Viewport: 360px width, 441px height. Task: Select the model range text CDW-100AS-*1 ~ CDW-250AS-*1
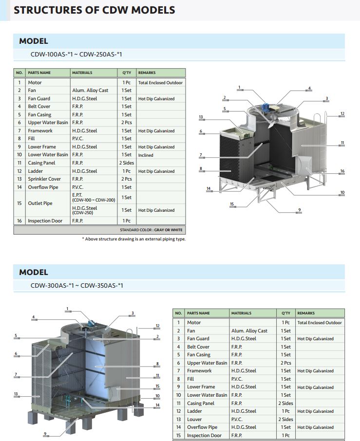click(x=76, y=55)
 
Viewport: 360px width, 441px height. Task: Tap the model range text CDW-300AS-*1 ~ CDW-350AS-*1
click(x=77, y=285)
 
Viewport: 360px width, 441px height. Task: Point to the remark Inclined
click(x=146, y=155)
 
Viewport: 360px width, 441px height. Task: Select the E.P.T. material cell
click(x=94, y=197)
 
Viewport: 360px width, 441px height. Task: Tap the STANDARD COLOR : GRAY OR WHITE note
click(x=151, y=230)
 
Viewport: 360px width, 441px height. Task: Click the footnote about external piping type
click(x=134, y=239)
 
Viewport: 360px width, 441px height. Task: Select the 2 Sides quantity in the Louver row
click(x=285, y=419)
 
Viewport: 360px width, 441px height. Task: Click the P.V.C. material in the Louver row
click(x=237, y=419)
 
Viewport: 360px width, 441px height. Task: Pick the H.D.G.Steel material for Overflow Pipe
click(x=244, y=427)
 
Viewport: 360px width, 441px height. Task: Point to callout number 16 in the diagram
click(x=342, y=171)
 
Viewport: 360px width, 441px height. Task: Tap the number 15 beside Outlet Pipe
click(x=19, y=203)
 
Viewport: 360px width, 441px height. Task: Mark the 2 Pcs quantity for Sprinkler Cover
click(x=127, y=179)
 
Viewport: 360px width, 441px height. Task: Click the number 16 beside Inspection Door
click(x=19, y=221)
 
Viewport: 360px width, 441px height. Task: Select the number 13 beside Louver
click(x=178, y=419)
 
